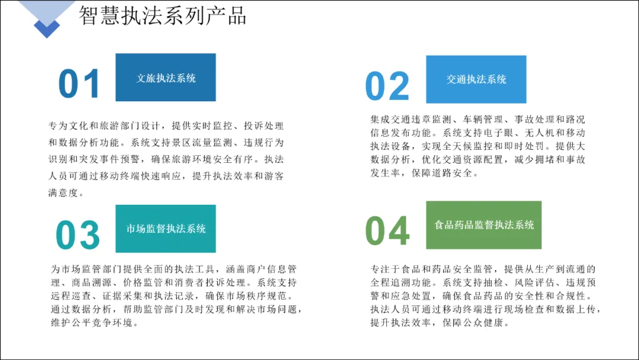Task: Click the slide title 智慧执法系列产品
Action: (x=162, y=15)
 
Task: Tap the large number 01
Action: (x=79, y=83)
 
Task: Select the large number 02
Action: (x=387, y=86)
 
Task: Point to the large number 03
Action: (x=78, y=235)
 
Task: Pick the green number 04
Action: (x=387, y=230)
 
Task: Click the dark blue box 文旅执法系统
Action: (x=166, y=77)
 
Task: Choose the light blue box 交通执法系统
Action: (x=476, y=79)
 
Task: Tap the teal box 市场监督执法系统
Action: (x=166, y=229)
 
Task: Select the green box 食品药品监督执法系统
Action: (x=484, y=224)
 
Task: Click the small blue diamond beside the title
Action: (x=47, y=28)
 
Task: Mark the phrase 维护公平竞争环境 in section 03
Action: (x=92, y=323)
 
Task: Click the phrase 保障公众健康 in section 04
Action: (x=473, y=323)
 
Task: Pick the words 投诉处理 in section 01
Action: (x=263, y=126)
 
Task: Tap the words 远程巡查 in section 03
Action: (x=71, y=296)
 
